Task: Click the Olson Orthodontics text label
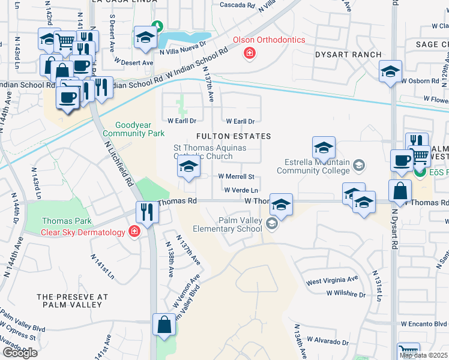point(269,40)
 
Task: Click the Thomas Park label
point(62,221)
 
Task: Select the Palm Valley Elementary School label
point(228,224)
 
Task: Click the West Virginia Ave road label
point(332,281)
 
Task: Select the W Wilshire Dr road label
point(346,294)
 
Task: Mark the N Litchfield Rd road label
point(118,161)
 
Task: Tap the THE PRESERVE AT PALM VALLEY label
point(72,301)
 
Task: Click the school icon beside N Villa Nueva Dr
point(145,37)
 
